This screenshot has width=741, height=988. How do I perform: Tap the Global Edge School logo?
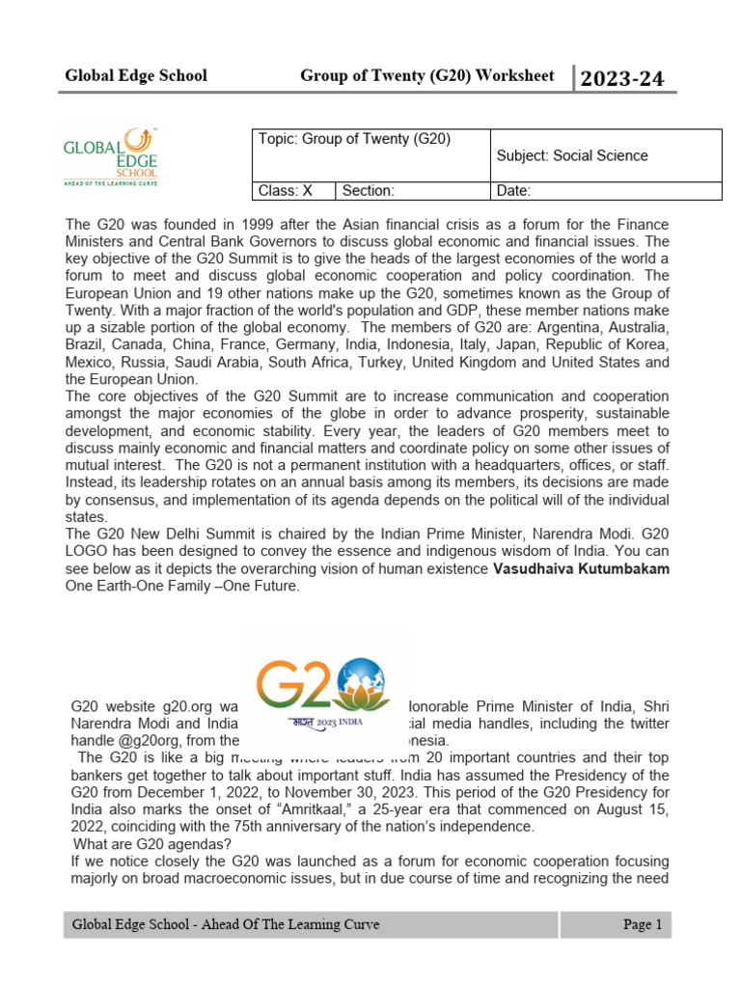click(110, 156)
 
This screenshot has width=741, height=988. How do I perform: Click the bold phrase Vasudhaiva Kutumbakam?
click(581, 569)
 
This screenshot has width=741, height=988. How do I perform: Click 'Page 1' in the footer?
click(642, 925)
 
